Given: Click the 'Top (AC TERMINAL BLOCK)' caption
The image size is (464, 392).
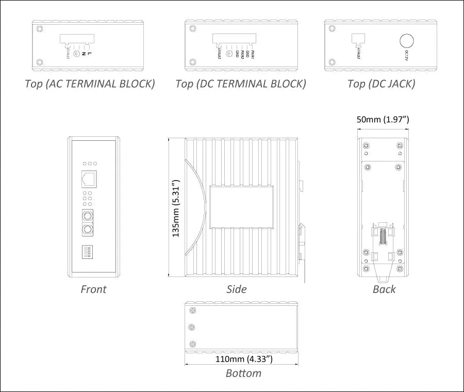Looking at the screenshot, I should coord(90,84).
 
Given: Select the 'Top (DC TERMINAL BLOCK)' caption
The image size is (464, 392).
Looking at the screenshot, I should coord(240,84).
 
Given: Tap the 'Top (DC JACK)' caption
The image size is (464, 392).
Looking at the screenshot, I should coord(381,84).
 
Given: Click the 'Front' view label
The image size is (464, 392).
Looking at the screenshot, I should coord(93,289).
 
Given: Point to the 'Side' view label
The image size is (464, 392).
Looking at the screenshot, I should coord(237,289).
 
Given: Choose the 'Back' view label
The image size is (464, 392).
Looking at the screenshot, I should coord(384,289).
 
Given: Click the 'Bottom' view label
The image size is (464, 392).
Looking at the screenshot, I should coord(243,373).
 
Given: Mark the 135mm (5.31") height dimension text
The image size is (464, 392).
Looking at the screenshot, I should coord(176,208).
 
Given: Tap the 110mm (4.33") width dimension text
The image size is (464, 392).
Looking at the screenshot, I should coord(243,358).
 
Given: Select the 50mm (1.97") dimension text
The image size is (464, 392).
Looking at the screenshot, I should coord(383,119).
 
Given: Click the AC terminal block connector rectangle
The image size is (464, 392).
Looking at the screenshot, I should coord(77,40).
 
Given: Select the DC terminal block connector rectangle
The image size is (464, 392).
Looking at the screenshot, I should coord(234,40).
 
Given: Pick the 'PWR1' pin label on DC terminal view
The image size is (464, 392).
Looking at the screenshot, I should coord(253,53).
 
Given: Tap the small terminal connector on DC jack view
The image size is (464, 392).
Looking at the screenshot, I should coord(358,39).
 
